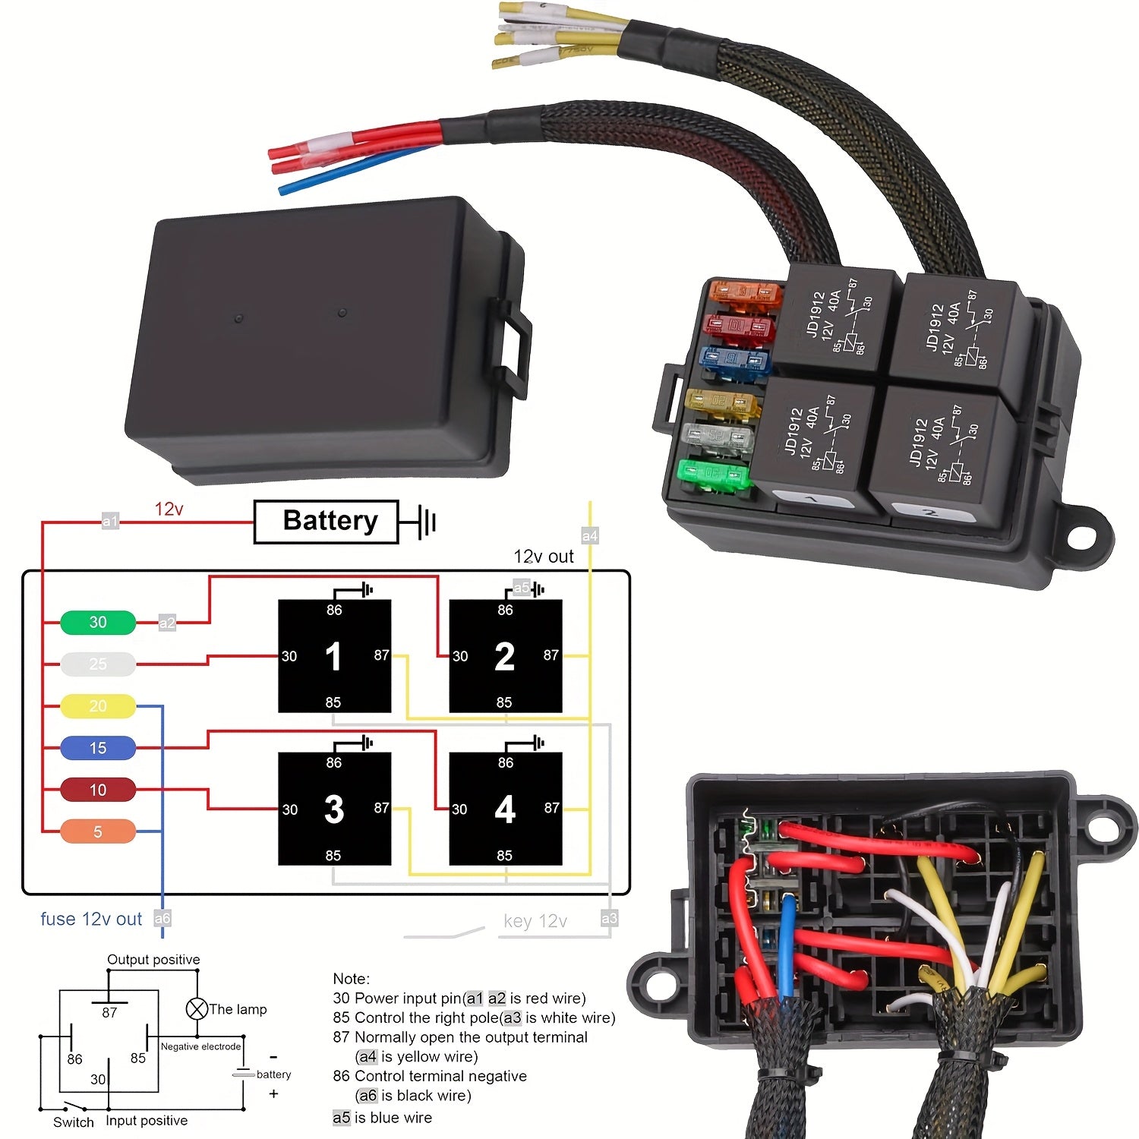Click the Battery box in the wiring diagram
pyautogui.click(x=326, y=522)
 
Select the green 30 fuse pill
pyautogui.click(x=98, y=623)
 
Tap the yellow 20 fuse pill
pyautogui.click(x=98, y=706)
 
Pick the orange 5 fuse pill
pyautogui.click(x=98, y=831)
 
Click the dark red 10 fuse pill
pyautogui.click(x=98, y=790)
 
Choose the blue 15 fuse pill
pyautogui.click(x=98, y=748)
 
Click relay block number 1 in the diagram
pyautogui.click(x=334, y=657)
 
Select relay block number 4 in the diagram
pyautogui.click(x=506, y=809)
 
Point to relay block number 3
pyautogui.click(x=334, y=809)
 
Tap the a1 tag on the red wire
pyautogui.click(x=110, y=521)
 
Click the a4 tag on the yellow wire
pyautogui.click(x=590, y=536)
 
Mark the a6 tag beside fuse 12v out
pyautogui.click(x=162, y=919)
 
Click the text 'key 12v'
pyautogui.click(x=535, y=921)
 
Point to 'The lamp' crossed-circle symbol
pyautogui.click(x=197, y=1009)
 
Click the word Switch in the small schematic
pyautogui.click(x=74, y=1122)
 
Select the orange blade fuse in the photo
pyautogui.click(x=744, y=293)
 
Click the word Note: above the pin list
pyautogui.click(x=351, y=979)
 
